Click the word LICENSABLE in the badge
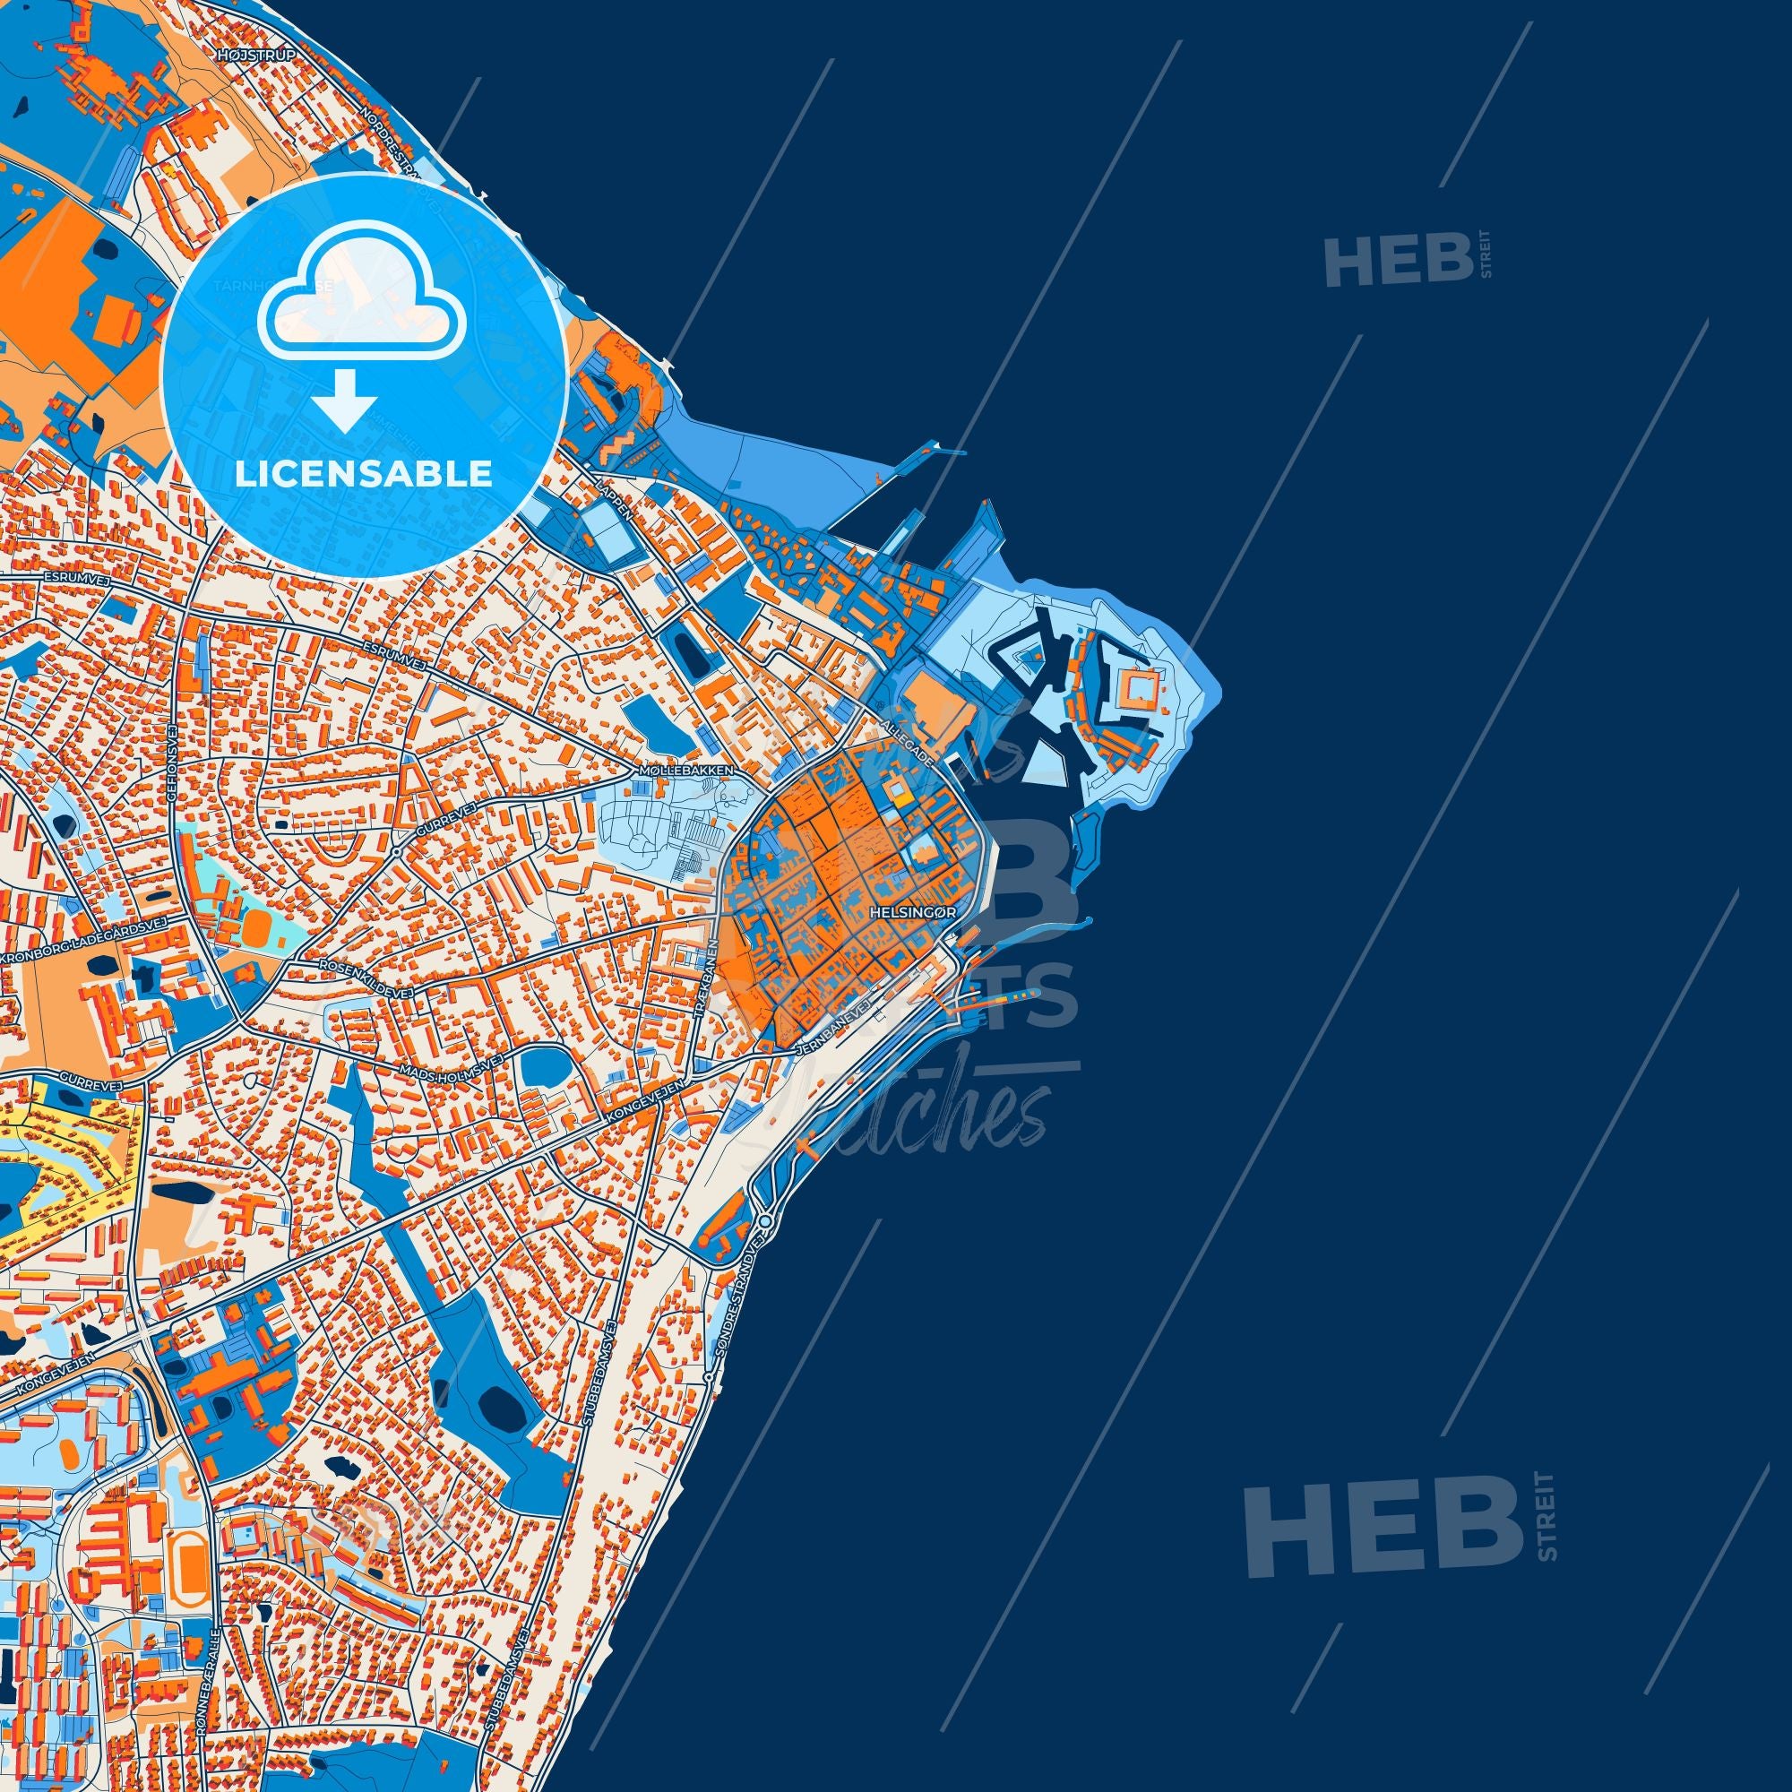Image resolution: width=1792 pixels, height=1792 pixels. (363, 474)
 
